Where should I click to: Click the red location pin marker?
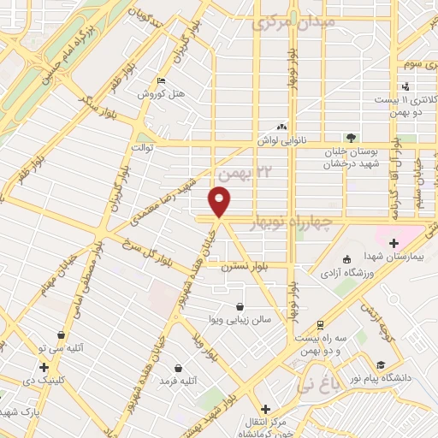click(220, 202)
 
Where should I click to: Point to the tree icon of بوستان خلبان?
click(350, 136)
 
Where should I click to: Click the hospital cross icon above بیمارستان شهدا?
click(394, 243)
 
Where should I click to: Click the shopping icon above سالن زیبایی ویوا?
click(242, 305)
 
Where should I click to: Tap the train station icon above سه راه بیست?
click(319, 324)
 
